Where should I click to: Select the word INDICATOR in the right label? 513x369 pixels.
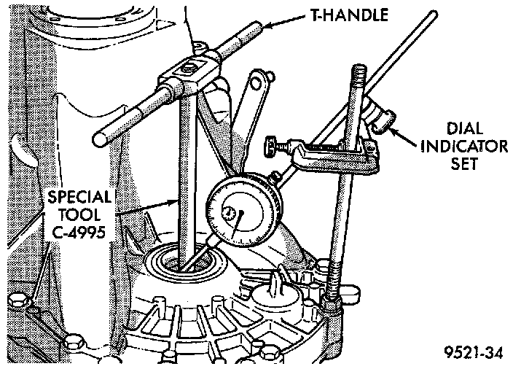pos(464,147)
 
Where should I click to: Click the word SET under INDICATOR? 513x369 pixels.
pos(464,163)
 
